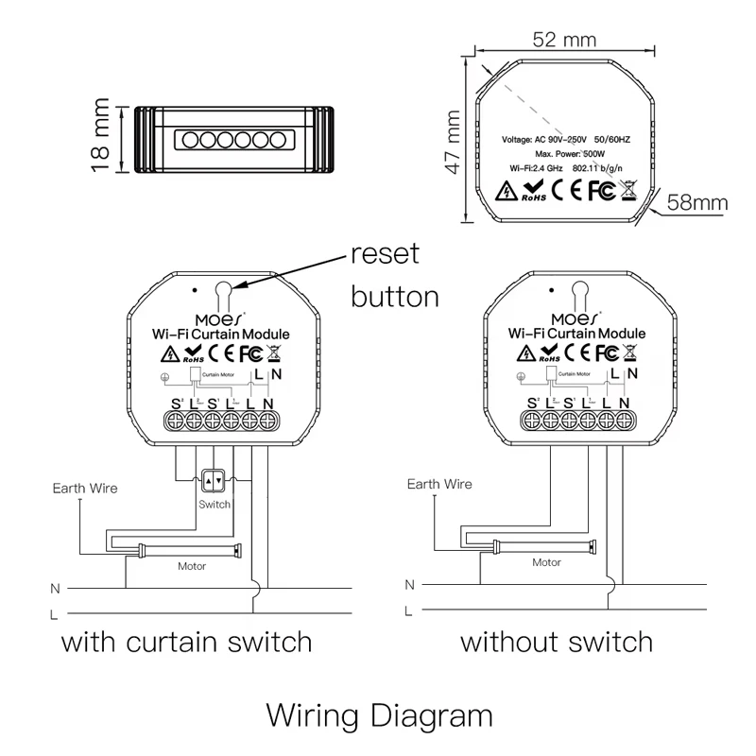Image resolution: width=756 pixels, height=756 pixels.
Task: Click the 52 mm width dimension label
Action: (x=564, y=40)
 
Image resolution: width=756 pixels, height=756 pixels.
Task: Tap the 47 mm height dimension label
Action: (x=453, y=142)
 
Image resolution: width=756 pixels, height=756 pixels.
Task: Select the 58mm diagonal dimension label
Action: (x=697, y=201)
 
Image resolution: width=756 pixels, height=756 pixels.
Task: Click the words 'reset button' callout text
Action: (x=395, y=275)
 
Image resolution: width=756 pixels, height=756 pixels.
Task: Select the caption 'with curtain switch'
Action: (x=186, y=643)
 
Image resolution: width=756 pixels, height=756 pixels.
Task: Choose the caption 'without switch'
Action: (x=557, y=643)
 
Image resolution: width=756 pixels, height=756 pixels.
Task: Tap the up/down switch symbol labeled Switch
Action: (x=214, y=482)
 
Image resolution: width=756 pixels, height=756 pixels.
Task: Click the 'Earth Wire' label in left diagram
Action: (x=85, y=489)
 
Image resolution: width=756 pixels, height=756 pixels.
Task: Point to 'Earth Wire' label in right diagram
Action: (x=438, y=484)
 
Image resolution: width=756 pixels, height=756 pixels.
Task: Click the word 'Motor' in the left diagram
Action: (x=192, y=566)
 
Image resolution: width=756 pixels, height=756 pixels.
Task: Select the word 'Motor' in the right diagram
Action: (x=546, y=562)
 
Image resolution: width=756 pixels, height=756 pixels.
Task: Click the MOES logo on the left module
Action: (x=219, y=318)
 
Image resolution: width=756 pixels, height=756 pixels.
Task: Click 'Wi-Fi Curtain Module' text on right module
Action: (x=576, y=334)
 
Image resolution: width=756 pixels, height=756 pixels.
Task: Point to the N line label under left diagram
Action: (x=55, y=588)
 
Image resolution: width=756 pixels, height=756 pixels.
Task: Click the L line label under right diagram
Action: (x=408, y=610)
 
